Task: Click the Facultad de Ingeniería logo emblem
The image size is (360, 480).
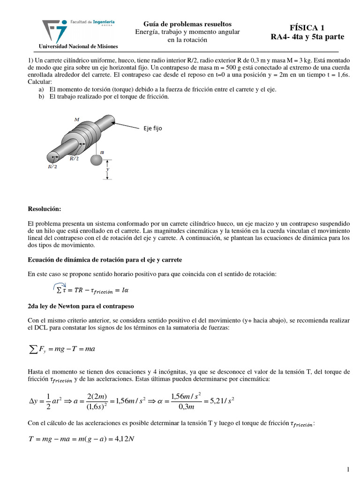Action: (54, 30)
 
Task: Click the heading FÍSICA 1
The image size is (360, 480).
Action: (307, 27)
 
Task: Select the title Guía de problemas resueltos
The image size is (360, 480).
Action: (187, 24)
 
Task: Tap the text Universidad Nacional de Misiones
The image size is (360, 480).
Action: (78, 46)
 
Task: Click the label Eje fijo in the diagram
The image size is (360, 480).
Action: (153, 128)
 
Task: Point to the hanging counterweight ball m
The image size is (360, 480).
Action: (97, 160)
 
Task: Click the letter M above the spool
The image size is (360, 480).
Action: (76, 120)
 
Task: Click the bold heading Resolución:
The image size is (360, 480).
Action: (44, 209)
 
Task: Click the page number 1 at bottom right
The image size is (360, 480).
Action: (348, 469)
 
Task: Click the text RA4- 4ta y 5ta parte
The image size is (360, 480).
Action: (307, 37)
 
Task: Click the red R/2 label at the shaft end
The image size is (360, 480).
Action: (52, 166)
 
